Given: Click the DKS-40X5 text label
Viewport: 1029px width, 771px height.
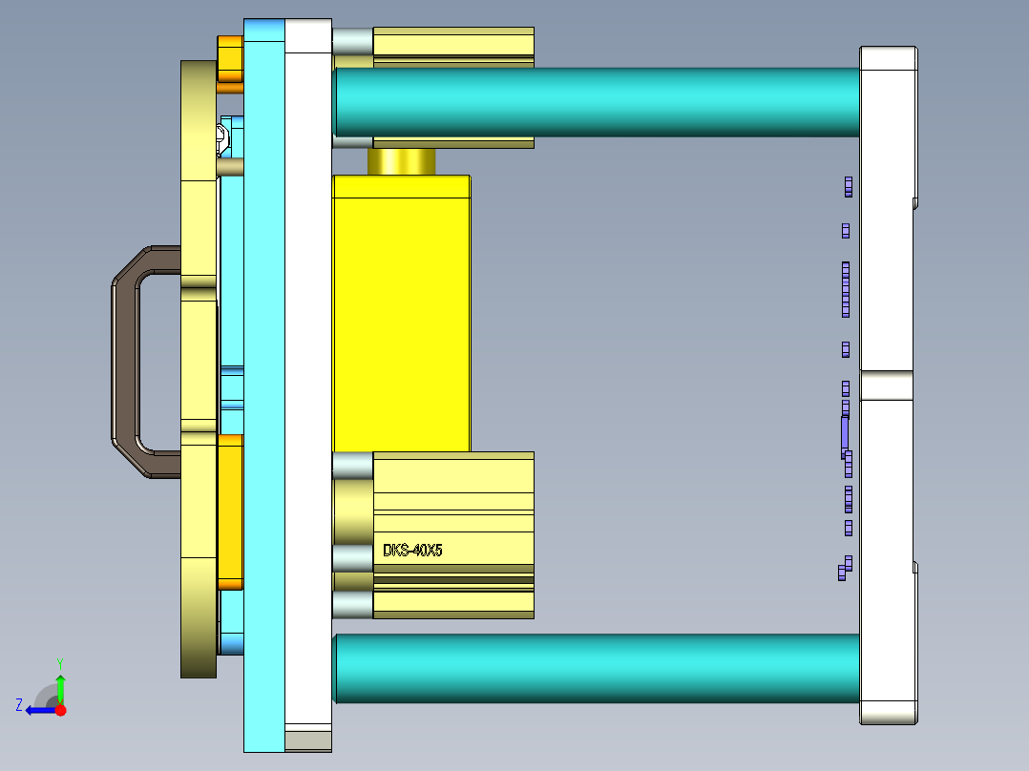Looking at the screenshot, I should coord(412,551).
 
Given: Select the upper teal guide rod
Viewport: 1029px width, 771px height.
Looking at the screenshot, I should coord(597,102).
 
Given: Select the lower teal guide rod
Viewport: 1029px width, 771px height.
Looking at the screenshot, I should coord(597,669).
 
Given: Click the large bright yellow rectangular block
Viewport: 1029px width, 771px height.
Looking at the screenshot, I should coord(401,315).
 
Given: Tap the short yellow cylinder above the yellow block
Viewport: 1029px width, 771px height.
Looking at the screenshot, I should coord(401,161).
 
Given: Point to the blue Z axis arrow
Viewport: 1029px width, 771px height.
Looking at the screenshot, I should coord(38,709).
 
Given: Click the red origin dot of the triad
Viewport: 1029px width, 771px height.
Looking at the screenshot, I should coord(60,710).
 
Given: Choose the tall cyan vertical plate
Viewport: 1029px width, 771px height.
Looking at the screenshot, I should coord(264,382).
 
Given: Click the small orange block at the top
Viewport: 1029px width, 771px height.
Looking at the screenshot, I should coord(230,59).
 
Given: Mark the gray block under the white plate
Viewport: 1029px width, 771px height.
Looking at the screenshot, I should coord(308,740).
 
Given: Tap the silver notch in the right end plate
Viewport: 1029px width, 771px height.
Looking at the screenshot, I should coord(887,385).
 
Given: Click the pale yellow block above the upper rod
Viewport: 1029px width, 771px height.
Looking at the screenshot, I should coord(452,43).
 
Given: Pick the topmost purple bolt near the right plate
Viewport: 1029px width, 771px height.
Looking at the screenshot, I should coord(848,186).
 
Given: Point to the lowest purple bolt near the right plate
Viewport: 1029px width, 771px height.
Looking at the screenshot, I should coord(843,572).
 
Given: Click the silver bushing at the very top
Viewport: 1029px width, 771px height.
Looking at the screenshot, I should coord(352,41).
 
